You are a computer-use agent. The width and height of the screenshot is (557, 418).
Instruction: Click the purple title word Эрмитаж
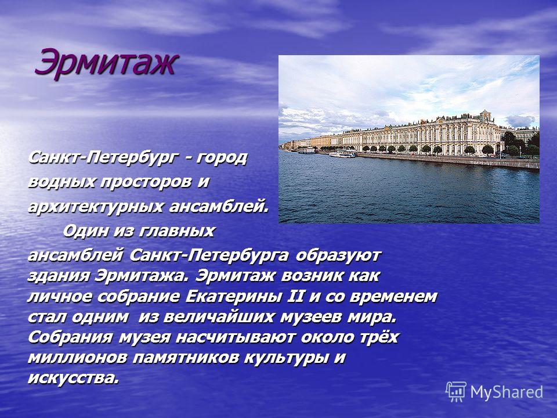tap(106, 63)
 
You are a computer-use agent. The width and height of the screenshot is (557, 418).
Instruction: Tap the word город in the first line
tap(220, 158)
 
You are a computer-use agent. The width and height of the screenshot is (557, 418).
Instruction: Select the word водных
tap(62, 182)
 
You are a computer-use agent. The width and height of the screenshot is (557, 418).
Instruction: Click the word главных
tap(176, 231)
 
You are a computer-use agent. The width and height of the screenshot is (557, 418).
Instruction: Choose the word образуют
tap(338, 255)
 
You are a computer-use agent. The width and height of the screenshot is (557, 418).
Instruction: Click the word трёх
tap(377, 337)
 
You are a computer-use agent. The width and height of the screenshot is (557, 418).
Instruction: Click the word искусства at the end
tap(73, 378)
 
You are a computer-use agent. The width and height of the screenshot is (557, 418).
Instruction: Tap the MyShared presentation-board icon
tap(456, 392)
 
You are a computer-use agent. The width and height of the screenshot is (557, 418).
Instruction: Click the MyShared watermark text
tap(507, 392)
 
